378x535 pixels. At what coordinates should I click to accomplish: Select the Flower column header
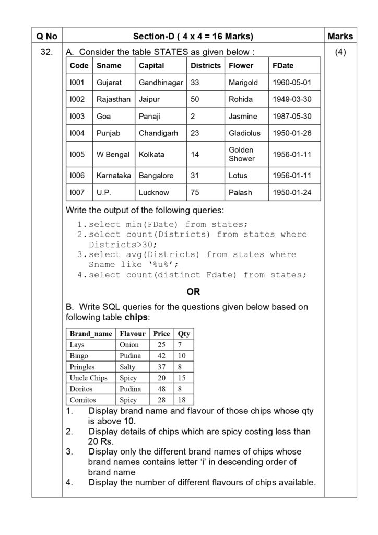(241, 66)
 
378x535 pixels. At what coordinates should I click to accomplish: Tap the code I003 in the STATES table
(77, 116)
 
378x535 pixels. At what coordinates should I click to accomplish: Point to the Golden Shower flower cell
(241, 154)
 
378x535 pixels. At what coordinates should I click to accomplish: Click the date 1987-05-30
(292, 116)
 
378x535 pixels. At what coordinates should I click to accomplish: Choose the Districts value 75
(195, 192)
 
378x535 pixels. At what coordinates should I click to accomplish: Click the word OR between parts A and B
(193, 292)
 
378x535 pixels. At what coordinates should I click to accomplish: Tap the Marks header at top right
(340, 37)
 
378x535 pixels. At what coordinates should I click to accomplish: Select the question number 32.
(46, 53)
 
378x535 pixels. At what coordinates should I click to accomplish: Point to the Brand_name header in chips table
(91, 333)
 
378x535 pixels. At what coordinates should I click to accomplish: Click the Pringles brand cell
(82, 367)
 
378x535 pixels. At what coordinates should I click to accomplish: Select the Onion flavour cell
(129, 345)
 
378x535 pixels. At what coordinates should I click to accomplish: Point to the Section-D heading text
(193, 37)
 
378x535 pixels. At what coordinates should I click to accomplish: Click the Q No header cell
(46, 37)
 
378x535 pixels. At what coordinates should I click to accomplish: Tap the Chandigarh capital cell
(158, 133)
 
